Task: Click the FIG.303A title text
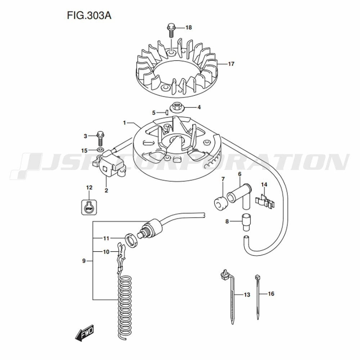pos(88,16)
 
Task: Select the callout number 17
pos(231,64)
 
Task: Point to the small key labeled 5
pos(167,112)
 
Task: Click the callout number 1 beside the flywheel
pos(124,123)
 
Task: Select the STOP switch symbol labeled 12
pos(89,207)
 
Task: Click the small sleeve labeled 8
pos(247,221)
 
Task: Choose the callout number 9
pos(84,261)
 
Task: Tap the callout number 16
pos(271,294)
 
